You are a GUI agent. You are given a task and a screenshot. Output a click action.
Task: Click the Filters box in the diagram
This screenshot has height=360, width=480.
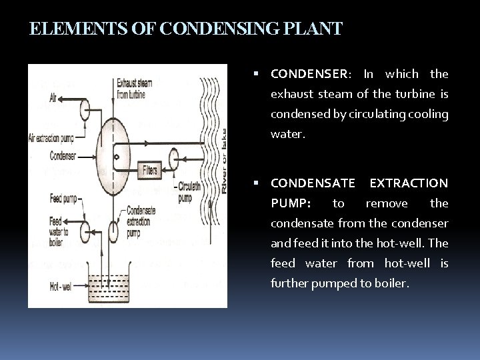[150, 171]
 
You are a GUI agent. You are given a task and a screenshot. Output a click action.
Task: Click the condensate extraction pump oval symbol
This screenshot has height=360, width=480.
[112, 231]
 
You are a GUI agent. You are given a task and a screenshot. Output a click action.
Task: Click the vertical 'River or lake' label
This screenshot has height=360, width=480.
[224, 161]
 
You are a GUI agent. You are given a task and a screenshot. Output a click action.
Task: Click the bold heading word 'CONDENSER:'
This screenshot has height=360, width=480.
[309, 74]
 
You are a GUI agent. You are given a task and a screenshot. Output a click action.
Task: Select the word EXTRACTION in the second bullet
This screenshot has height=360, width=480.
[409, 183]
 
